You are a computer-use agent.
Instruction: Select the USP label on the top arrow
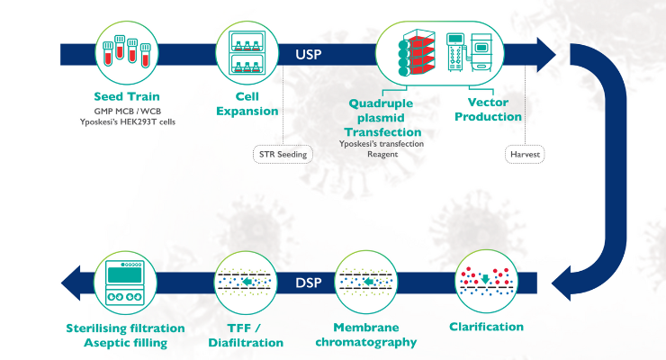tap(308, 53)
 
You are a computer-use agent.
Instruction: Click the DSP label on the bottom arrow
tap(308, 283)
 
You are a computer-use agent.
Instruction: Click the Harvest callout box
tap(524, 154)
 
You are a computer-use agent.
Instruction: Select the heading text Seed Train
tap(125, 96)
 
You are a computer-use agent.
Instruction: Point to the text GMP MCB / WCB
tap(125, 110)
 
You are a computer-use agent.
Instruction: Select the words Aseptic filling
tap(126, 342)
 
